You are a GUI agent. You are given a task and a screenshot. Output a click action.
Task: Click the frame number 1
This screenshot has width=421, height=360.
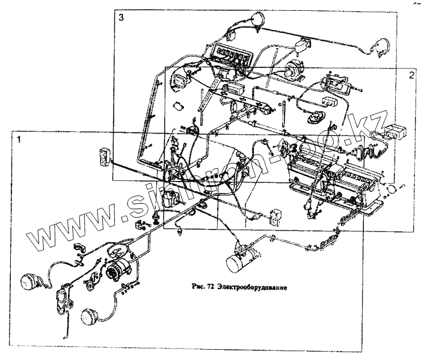(20, 139)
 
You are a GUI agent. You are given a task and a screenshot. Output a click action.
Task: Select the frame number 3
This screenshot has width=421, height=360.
(121, 18)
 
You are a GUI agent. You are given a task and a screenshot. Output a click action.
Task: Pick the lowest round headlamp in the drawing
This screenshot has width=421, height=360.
(90, 316)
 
